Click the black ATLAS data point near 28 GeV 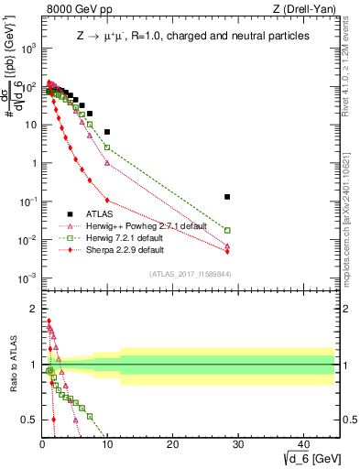[227, 197]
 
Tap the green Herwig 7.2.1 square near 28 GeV [227, 231]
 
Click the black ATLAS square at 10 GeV [107, 132]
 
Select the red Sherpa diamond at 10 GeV [107, 200]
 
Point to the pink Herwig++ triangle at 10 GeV [107, 163]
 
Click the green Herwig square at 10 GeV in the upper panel [107, 147]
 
